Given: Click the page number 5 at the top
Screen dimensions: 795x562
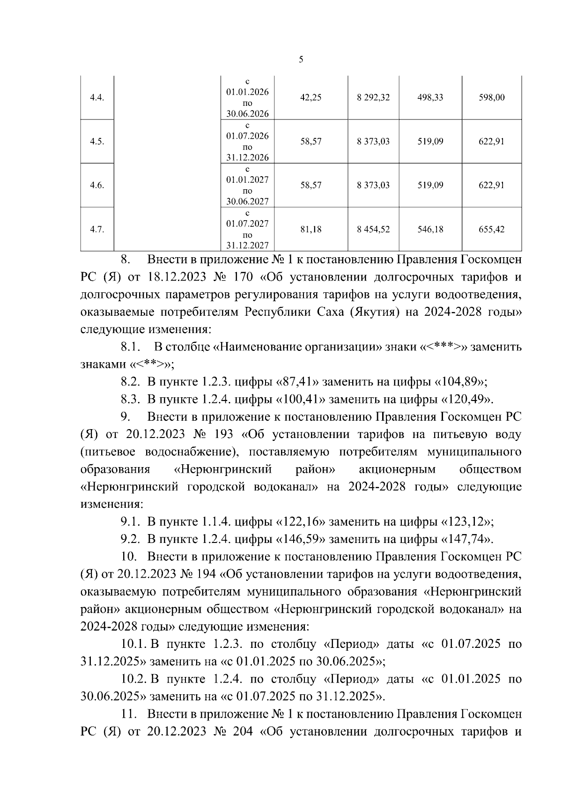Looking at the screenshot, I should tap(301, 59).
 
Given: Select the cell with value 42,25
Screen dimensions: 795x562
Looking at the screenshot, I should tap(311, 97).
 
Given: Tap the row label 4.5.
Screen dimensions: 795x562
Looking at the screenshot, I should tap(97, 141).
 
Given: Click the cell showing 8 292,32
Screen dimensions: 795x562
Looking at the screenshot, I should tap(373, 97).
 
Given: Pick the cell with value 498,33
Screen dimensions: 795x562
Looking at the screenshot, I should tap(430, 97).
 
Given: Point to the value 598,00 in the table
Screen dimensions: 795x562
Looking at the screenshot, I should tap(491, 97).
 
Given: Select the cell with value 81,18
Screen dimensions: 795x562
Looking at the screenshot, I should tap(311, 230).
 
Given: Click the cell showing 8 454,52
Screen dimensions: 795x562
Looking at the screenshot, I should tap(373, 230).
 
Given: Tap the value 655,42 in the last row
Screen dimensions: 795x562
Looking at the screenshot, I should tap(491, 230).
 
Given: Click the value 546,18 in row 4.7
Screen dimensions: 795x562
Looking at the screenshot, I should tap(430, 230).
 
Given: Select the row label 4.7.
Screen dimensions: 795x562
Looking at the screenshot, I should tap(97, 230).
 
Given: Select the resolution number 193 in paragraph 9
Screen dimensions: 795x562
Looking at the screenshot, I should tap(223, 434).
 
